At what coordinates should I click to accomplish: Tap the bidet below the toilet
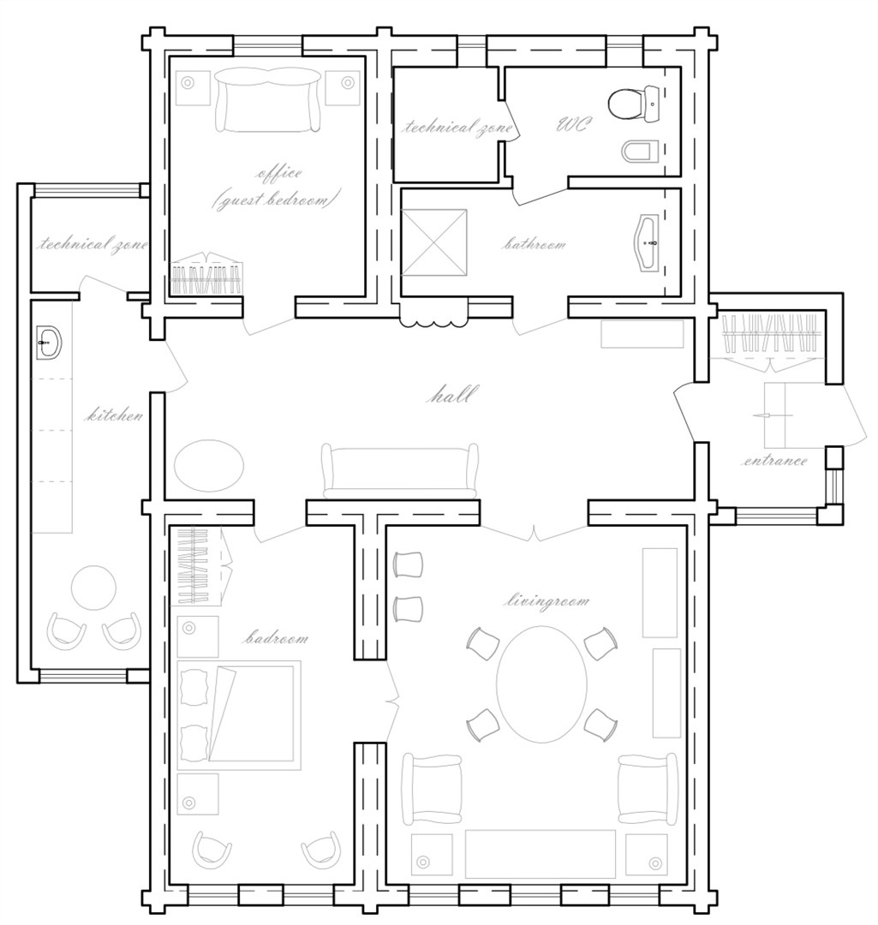pos(640,152)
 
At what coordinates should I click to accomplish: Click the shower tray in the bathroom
pos(435,242)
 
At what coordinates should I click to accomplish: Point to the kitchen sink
pos(49,343)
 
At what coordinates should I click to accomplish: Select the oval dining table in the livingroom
pos(541,683)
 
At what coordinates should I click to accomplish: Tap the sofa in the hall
pos(399,470)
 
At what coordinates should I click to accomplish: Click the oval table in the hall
pos(208,466)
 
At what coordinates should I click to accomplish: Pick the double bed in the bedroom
pos(238,715)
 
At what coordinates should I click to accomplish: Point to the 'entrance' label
pos(773,461)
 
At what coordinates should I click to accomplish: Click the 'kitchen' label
pos(114,416)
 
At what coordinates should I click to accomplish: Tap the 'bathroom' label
pos(534,244)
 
